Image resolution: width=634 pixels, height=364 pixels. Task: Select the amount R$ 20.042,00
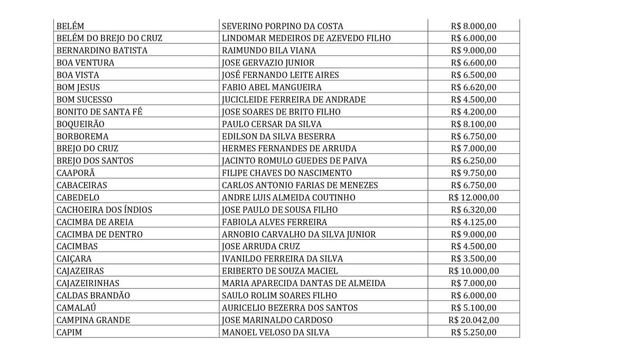473,320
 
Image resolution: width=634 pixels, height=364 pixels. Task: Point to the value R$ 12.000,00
473,197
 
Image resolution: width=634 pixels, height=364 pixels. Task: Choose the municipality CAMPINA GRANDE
93,320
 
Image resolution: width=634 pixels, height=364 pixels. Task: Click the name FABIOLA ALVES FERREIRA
274,222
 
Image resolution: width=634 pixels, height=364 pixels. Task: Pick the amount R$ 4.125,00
474,222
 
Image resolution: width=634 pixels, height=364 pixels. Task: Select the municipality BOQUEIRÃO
80,124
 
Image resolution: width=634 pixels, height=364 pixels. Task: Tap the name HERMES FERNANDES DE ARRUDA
289,148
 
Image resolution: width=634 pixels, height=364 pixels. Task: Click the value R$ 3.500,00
474,259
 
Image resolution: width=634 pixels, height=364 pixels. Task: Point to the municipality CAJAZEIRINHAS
88,283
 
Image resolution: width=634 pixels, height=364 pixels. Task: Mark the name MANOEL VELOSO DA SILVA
275,332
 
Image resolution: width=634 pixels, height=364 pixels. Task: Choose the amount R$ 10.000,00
473,271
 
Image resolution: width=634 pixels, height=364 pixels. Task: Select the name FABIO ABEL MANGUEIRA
272,87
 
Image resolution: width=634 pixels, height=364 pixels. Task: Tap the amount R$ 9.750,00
474,173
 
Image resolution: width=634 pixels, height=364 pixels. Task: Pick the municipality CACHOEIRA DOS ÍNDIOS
104,210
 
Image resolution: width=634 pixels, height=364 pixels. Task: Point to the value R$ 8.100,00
474,124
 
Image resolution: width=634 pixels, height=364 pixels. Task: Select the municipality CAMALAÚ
76,308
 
